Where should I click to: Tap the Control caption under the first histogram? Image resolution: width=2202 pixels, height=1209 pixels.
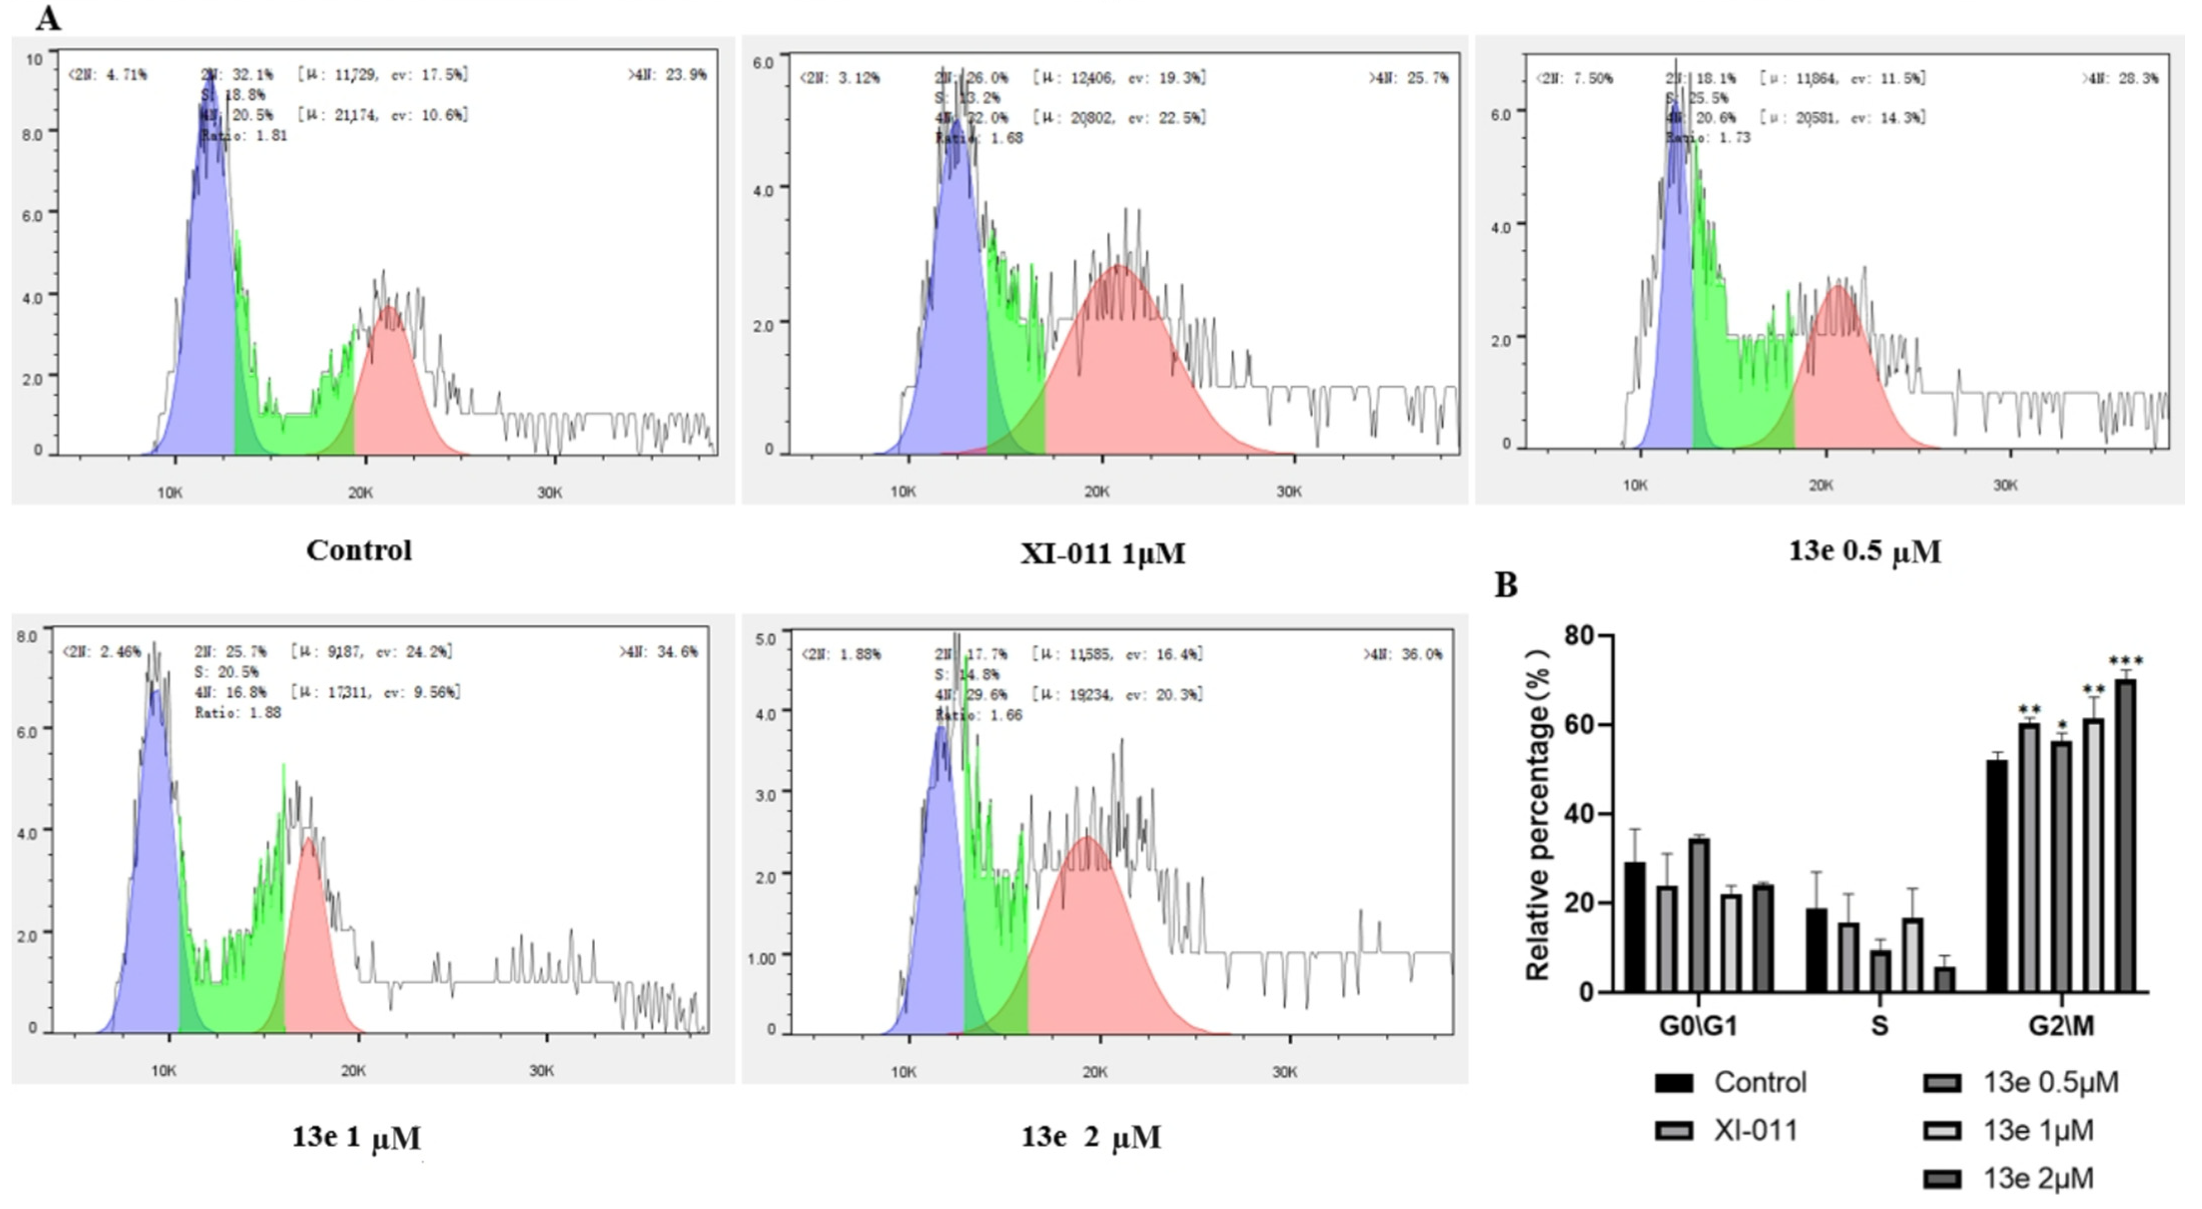point(359,550)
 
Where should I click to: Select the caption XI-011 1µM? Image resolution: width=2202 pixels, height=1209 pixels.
point(1102,554)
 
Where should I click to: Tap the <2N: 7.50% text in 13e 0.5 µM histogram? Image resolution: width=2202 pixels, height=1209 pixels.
point(1574,79)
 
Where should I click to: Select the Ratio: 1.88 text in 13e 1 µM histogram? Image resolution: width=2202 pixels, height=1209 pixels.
point(238,713)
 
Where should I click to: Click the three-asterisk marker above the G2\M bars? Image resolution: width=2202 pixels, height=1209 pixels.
point(2126,661)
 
